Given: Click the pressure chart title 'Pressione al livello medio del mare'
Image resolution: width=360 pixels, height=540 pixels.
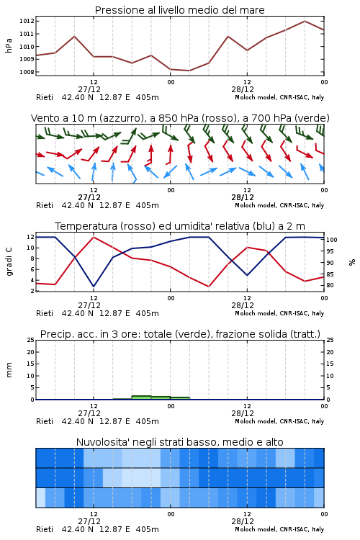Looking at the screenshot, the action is pos(179,10).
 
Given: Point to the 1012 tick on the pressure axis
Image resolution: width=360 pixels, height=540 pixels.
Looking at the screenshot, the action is pos(27,21).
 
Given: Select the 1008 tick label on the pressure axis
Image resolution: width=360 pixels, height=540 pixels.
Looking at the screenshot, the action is pos(27,72).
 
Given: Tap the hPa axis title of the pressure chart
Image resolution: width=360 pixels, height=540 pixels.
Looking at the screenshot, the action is pos(9,46).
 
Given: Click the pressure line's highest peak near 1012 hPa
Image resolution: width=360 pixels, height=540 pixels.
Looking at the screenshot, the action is pos(305,21).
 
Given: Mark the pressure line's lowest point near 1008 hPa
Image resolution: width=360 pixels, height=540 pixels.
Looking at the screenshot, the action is pos(189,71).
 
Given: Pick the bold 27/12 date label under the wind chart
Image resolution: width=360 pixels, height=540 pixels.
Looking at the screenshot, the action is pos(89,197).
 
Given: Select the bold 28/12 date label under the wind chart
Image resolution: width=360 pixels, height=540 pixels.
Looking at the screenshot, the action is pos(243,197).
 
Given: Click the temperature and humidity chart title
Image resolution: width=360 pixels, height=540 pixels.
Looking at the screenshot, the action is pos(180,226).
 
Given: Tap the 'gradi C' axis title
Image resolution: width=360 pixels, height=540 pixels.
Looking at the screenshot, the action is pos(9,262).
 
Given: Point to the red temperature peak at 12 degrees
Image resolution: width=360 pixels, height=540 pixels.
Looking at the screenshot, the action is pos(94,237).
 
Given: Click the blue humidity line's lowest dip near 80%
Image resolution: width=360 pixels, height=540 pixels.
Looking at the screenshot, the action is pos(94,286).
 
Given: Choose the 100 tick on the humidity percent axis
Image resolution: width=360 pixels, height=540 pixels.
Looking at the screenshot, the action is pos(332,240).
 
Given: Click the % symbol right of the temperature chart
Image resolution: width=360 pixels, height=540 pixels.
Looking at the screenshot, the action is pos(352,262).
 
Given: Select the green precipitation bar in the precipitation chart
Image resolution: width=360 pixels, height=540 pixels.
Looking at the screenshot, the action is pos(152,397).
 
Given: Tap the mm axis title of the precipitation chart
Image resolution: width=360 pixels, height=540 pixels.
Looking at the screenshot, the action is pos(9,370).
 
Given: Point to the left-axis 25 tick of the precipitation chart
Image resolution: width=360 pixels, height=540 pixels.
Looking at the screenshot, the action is pos(31,340).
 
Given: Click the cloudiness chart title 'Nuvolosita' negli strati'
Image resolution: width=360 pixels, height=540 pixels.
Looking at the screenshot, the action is pos(179,442).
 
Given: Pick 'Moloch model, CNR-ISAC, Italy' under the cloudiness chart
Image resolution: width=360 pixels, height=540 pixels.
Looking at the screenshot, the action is pos(279,529).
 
